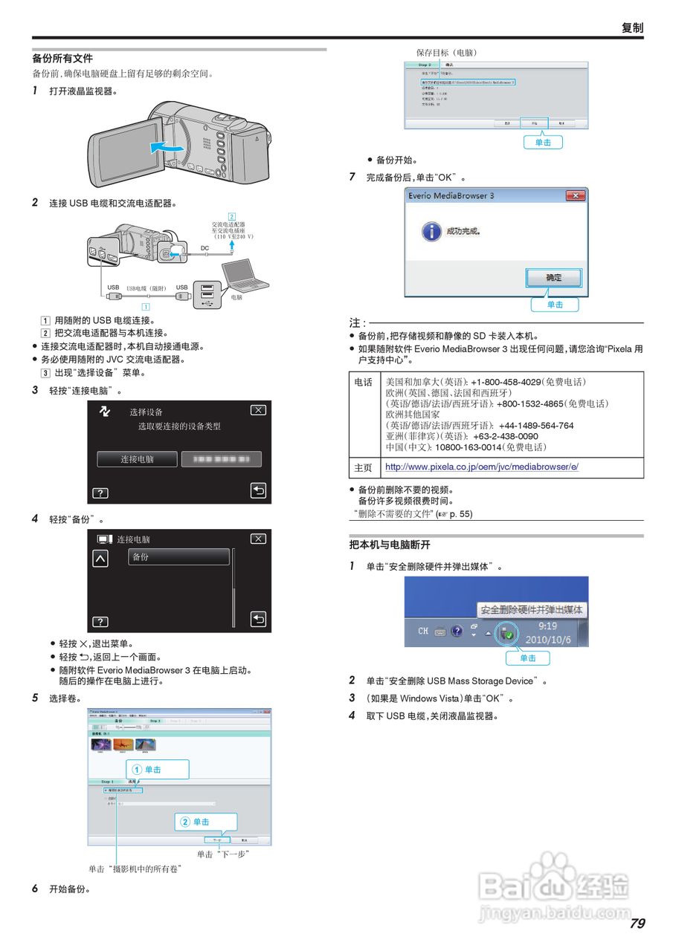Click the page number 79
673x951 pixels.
click(637, 924)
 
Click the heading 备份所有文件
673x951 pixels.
click(62, 58)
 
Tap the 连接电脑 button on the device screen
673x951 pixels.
click(138, 459)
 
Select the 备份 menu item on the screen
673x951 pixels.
click(178, 557)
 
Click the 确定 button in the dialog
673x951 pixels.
click(554, 278)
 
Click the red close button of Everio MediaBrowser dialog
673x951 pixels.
click(575, 195)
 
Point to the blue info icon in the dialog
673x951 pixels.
click(431, 231)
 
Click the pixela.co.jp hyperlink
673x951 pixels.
click(481, 467)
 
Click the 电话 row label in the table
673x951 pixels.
click(364, 382)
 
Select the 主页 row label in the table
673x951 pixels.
click(364, 467)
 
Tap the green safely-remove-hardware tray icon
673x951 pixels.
click(506, 633)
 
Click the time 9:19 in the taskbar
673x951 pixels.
click(547, 626)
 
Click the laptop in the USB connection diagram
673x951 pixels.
click(246, 276)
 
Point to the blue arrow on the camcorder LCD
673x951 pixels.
click(165, 148)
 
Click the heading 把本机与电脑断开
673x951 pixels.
click(390, 545)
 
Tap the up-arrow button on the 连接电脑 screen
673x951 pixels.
click(100, 559)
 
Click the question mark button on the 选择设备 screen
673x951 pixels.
click(100, 493)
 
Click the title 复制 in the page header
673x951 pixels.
click(632, 28)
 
